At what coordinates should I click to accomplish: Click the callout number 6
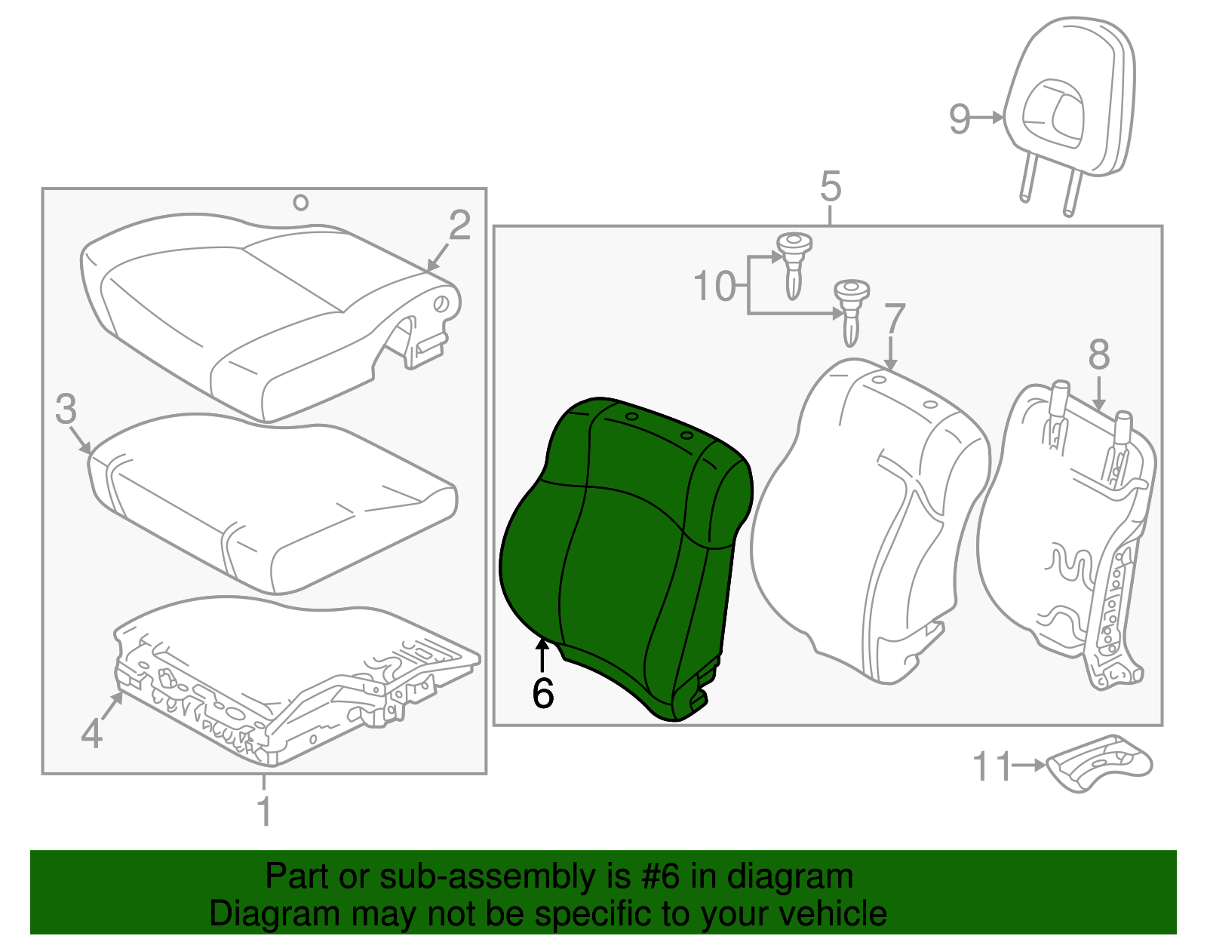point(542,693)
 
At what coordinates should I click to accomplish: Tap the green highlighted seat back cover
point(626,558)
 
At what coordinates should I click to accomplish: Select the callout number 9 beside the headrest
point(960,118)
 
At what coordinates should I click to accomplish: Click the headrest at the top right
point(1071,98)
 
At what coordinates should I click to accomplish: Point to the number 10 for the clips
point(714,287)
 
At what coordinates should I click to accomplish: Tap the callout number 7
point(894,319)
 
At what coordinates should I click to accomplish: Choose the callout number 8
point(1099,354)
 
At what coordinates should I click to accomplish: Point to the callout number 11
point(990,767)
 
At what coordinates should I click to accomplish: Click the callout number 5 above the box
point(830,186)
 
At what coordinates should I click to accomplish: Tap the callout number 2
point(459,226)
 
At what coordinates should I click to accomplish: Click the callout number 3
point(66,409)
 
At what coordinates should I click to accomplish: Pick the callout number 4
point(91,733)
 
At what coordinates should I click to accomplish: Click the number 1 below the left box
point(263,812)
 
